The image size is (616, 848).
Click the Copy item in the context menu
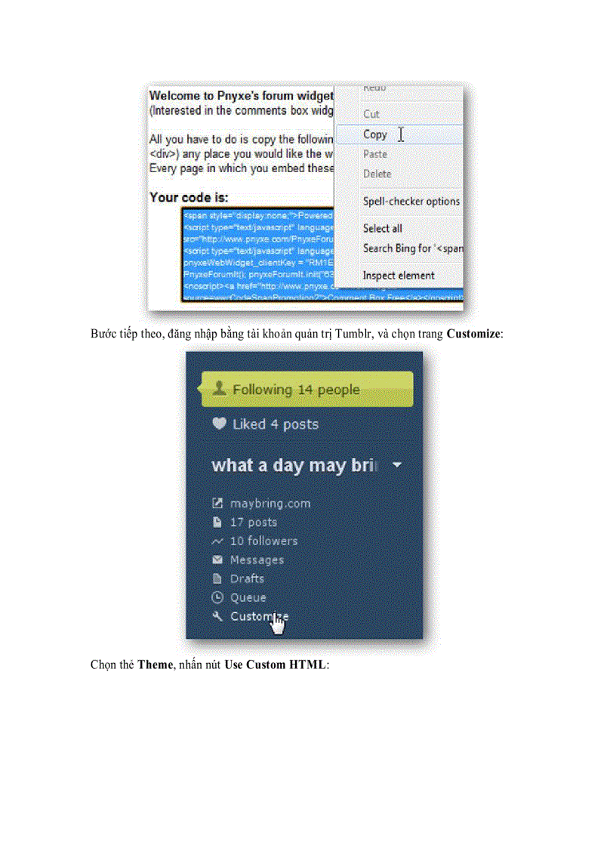375,134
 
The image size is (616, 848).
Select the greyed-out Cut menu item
371,114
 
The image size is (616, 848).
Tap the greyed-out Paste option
375,154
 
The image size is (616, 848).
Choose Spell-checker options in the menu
411,202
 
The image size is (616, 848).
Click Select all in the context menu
382,228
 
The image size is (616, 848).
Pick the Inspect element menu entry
398,276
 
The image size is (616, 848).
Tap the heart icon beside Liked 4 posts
219,424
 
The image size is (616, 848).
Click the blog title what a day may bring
294,465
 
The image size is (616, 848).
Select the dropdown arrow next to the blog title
397,466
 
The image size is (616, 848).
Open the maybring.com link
269,504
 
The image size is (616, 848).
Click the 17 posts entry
253,523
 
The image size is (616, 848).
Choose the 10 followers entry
263,541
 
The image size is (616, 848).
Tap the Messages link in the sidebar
257,560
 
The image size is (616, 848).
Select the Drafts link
247,579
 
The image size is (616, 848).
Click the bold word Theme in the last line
154,665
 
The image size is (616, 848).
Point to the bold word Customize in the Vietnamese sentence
473,333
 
